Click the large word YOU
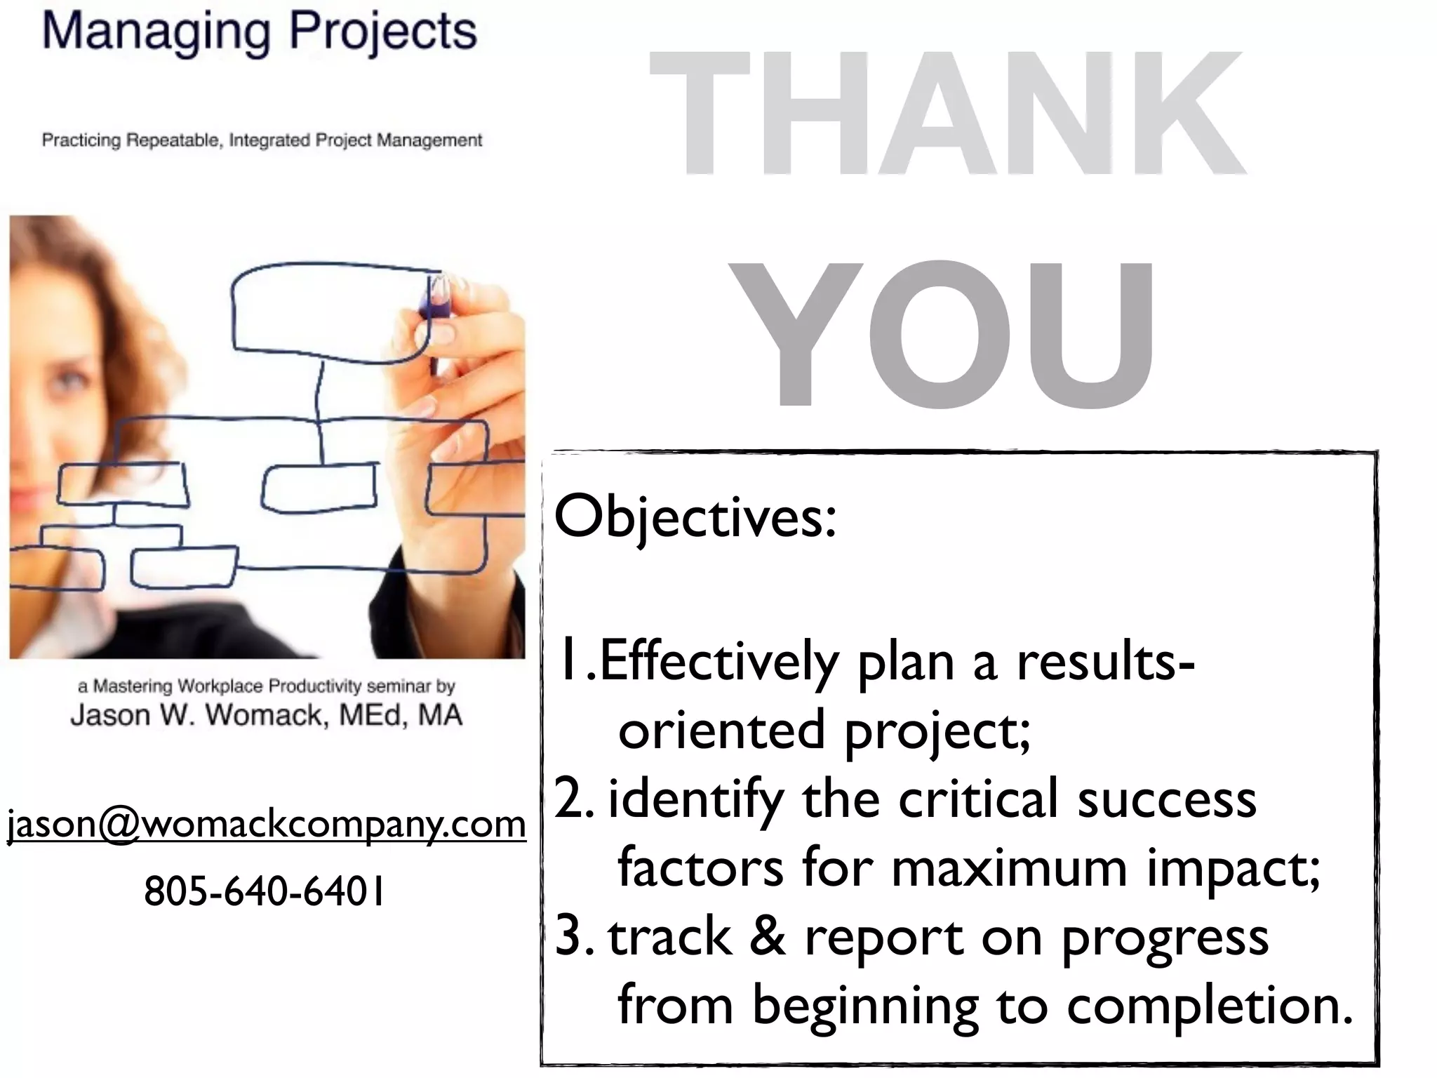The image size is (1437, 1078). click(x=944, y=333)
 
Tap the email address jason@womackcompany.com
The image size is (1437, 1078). click(x=266, y=824)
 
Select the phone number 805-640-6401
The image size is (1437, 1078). click(x=265, y=891)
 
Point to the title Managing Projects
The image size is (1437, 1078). click(x=260, y=32)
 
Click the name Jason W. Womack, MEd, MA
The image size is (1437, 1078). click(x=266, y=715)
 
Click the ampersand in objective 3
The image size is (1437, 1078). click(x=768, y=936)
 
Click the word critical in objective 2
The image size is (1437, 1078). click(x=978, y=799)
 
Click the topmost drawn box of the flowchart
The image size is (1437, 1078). click(x=330, y=312)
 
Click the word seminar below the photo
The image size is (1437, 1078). click(x=398, y=686)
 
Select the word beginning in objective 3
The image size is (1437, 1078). click(x=866, y=1006)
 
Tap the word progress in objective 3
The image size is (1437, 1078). click(x=1165, y=938)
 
